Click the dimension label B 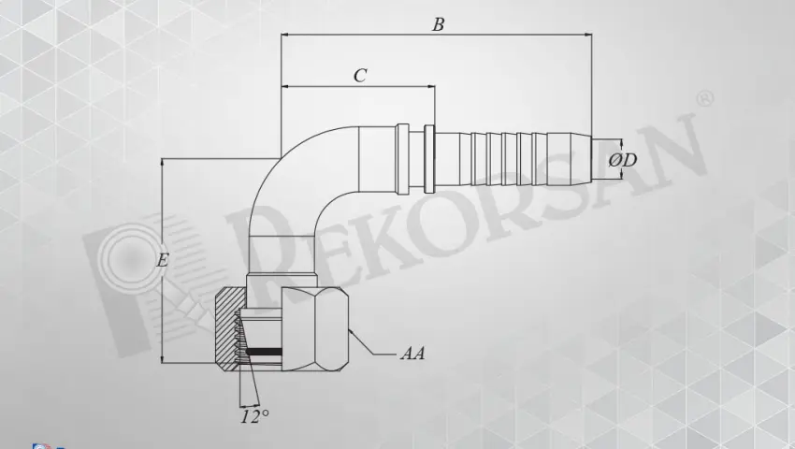438,25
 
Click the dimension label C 359,77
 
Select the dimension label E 162,261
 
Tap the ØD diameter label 622,160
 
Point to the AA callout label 412,354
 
